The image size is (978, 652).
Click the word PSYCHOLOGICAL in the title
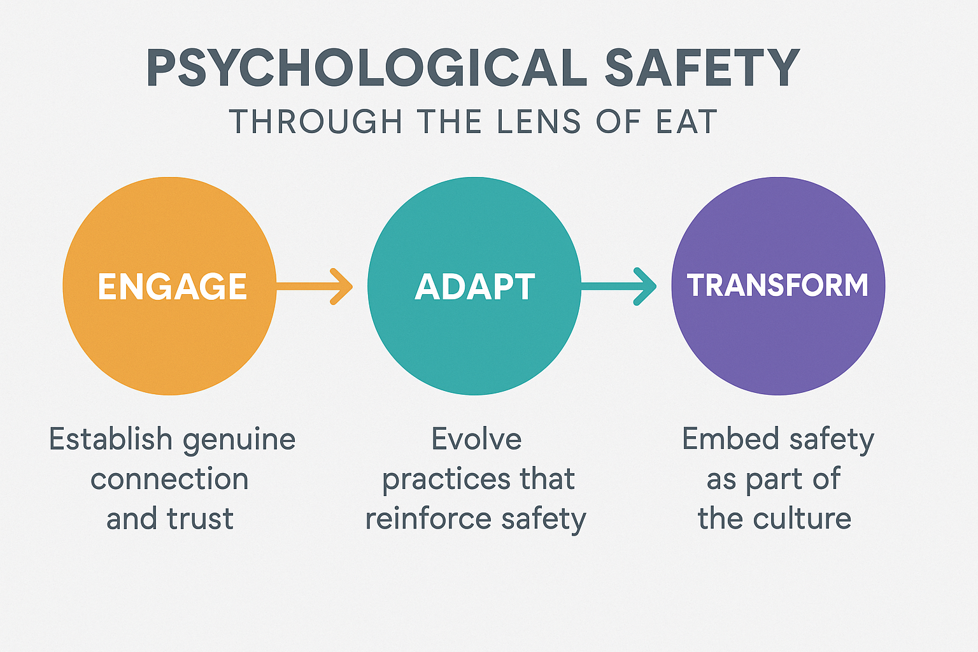coord(366,67)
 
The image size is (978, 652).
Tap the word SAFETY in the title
coord(702,67)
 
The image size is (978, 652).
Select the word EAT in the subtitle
coord(687,122)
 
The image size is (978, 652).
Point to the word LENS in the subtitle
coord(539,122)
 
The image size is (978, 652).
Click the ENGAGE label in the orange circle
coord(172,287)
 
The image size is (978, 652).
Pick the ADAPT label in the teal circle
coord(475,287)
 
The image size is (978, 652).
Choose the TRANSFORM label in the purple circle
coord(777,285)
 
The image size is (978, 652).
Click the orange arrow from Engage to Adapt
coord(316,287)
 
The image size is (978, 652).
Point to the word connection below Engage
coord(169,479)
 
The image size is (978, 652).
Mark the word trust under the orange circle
coord(200,519)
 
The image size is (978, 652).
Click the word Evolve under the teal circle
coord(476,439)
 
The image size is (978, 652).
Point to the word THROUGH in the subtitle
coord(316,122)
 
